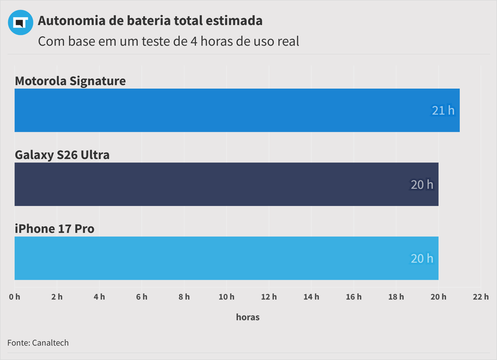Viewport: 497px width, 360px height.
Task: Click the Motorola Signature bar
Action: coord(237,110)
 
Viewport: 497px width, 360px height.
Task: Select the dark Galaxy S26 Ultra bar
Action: coord(226,184)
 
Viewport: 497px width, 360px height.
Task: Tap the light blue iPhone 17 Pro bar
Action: coord(226,258)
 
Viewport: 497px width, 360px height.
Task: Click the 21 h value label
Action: coord(443,111)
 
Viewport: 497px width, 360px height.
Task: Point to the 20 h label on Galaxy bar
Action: coord(422,185)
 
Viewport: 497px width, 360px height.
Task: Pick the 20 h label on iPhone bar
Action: coord(422,259)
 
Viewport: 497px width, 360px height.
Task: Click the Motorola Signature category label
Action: coord(70,81)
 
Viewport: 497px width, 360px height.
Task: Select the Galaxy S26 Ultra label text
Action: coord(62,155)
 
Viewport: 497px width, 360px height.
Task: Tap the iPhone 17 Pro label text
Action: coord(54,229)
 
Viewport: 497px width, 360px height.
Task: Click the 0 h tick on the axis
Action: coord(15,297)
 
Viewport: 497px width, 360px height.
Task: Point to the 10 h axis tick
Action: coord(226,297)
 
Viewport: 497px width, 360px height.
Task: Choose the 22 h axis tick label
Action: coord(480,297)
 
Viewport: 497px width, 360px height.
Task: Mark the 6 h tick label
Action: coord(142,297)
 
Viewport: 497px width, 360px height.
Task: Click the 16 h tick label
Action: coord(353,297)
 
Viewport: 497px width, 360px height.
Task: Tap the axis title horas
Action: coord(248,317)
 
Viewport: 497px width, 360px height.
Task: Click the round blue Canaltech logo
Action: coord(20,22)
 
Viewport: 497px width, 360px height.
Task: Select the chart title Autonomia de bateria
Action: coord(150,21)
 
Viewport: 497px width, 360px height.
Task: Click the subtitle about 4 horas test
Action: coord(168,41)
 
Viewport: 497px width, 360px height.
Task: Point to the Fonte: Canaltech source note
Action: coord(38,343)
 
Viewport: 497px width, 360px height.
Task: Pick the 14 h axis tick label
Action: coord(311,297)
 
